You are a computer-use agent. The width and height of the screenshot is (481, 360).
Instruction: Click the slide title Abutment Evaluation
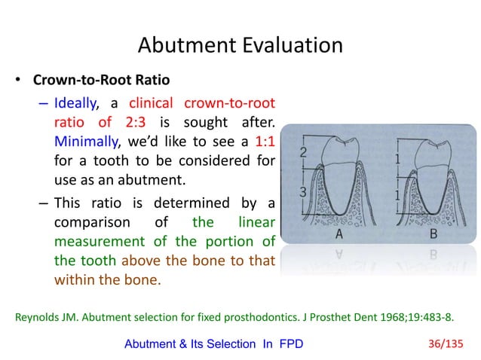click(240, 45)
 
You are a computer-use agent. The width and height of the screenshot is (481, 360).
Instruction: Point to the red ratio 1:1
click(261, 141)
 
